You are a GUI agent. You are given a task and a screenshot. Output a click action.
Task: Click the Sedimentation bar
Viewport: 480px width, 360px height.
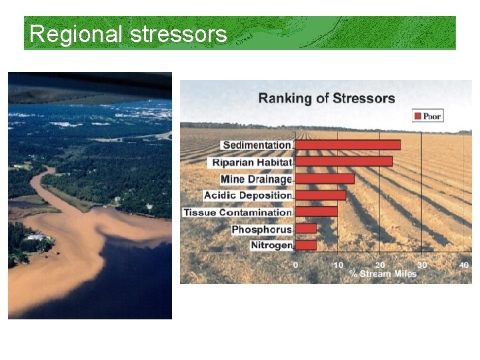click(347, 145)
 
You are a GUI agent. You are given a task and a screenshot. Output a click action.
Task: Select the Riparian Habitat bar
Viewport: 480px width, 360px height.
click(343, 161)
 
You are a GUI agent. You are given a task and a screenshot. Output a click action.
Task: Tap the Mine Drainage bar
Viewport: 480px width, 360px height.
click(325, 179)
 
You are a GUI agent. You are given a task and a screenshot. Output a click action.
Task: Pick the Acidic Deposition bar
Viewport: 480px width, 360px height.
click(320, 195)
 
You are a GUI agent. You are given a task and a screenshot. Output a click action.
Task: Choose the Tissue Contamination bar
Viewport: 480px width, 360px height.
click(316, 212)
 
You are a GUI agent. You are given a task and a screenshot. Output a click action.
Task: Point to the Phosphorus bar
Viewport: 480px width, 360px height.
click(305, 229)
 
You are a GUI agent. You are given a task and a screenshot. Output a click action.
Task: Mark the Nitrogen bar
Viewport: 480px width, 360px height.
click(305, 245)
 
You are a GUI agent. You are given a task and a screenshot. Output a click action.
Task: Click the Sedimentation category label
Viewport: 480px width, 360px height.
click(257, 145)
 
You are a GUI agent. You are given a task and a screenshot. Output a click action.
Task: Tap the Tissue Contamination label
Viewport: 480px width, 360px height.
click(238, 212)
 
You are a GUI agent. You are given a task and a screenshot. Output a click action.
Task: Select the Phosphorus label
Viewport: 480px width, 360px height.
click(262, 229)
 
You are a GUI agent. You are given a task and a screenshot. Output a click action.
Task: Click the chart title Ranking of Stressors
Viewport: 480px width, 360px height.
click(327, 99)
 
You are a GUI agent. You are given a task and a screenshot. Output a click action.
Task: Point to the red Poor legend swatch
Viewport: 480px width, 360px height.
click(418, 116)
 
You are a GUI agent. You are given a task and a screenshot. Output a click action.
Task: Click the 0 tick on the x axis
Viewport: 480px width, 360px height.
click(296, 265)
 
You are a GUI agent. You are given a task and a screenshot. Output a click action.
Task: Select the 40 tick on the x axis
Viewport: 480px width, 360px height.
click(465, 265)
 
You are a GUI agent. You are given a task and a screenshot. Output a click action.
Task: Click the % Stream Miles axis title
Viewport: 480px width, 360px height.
click(383, 274)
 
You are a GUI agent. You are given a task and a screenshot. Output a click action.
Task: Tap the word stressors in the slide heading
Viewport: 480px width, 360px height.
click(179, 33)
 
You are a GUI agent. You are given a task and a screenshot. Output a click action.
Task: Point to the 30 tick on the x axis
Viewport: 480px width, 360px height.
click(423, 265)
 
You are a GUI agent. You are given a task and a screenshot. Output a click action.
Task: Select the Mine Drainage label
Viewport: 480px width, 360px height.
click(256, 179)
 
